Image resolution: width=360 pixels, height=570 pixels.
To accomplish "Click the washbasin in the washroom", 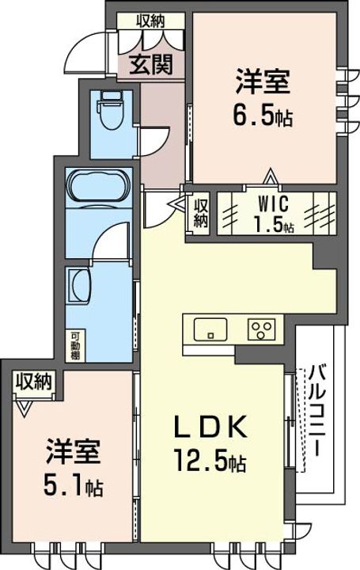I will coord(80,283).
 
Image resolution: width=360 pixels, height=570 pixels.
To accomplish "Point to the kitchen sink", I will coord(210,328).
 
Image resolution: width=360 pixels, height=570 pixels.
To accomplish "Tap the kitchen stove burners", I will coord(261,328).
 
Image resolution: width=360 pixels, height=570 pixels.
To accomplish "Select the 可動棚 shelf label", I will coord(72,344).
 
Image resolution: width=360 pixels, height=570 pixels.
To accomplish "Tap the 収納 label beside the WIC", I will coord(200,209).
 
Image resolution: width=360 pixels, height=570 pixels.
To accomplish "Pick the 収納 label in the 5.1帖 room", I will coord(32,382).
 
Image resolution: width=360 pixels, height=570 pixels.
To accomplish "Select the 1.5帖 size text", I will coord(273,224).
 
